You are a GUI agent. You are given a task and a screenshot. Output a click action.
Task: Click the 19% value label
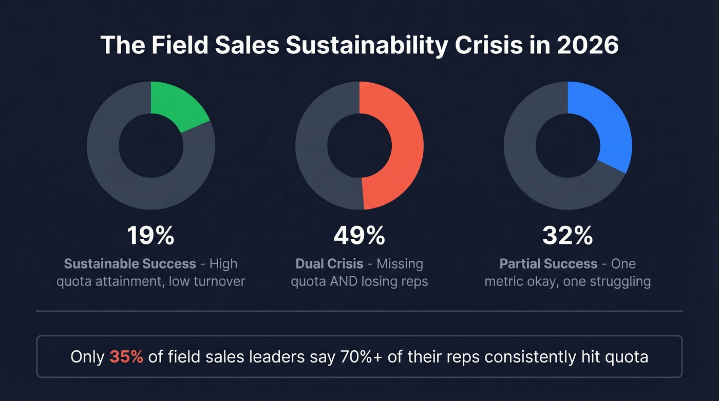pos(150,236)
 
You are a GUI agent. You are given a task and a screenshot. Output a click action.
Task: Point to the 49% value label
pos(359,236)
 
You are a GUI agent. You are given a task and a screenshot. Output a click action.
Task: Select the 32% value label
pos(567,236)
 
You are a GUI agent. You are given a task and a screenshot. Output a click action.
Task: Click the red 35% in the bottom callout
pos(126,357)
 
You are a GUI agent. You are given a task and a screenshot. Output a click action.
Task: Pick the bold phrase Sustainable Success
pos(130,264)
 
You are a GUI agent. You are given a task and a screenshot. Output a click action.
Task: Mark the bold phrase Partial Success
pos(548,264)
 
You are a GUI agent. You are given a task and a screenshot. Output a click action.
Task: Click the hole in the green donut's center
pos(150,145)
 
